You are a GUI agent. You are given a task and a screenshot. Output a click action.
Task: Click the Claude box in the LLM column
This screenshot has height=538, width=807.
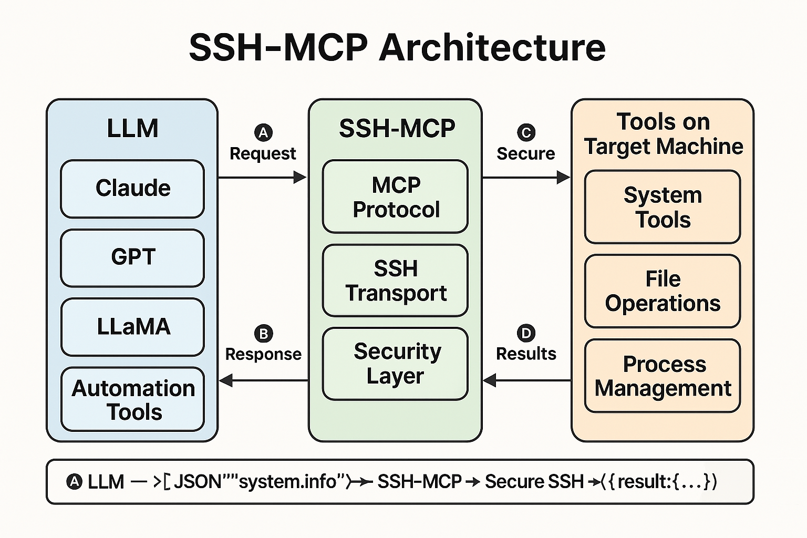pos(132,189)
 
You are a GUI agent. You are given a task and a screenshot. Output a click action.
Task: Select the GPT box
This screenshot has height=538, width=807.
pos(132,258)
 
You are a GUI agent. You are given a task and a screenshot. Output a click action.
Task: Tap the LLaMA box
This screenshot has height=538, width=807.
pos(132,327)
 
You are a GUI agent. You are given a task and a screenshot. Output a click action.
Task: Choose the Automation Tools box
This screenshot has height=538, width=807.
pos(132,399)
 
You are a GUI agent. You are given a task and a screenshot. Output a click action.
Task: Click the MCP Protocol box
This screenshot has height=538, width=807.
pos(395,196)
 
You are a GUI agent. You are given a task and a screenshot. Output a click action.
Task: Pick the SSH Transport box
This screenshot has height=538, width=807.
pos(395,281)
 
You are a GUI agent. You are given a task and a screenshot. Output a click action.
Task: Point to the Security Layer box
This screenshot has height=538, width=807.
pos(395,364)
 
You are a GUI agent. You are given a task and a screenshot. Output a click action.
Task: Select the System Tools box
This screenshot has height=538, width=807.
pos(663,207)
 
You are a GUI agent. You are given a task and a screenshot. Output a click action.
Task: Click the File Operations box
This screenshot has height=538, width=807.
pos(663,291)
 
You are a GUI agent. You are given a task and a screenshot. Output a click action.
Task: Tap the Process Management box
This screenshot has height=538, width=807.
pos(663,376)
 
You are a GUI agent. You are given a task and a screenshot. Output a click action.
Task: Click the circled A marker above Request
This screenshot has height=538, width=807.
pos(263,132)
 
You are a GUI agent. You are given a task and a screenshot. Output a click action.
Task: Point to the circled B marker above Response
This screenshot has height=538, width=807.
pos(263,334)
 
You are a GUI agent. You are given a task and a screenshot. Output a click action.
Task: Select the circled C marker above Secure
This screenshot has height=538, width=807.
pos(526,132)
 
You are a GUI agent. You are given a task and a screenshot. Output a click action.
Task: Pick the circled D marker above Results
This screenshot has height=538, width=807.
pos(526,333)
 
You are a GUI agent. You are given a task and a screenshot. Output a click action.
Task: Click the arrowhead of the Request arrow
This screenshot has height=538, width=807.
pos(301,178)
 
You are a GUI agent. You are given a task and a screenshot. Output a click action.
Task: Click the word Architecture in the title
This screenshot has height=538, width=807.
pos(492,47)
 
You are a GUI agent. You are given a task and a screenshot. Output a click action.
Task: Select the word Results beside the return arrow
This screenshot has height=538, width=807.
pos(526,354)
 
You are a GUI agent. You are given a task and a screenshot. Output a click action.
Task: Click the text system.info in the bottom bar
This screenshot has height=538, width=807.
pos(288,481)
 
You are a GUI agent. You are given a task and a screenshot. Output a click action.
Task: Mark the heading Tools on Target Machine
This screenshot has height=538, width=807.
pos(663,134)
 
